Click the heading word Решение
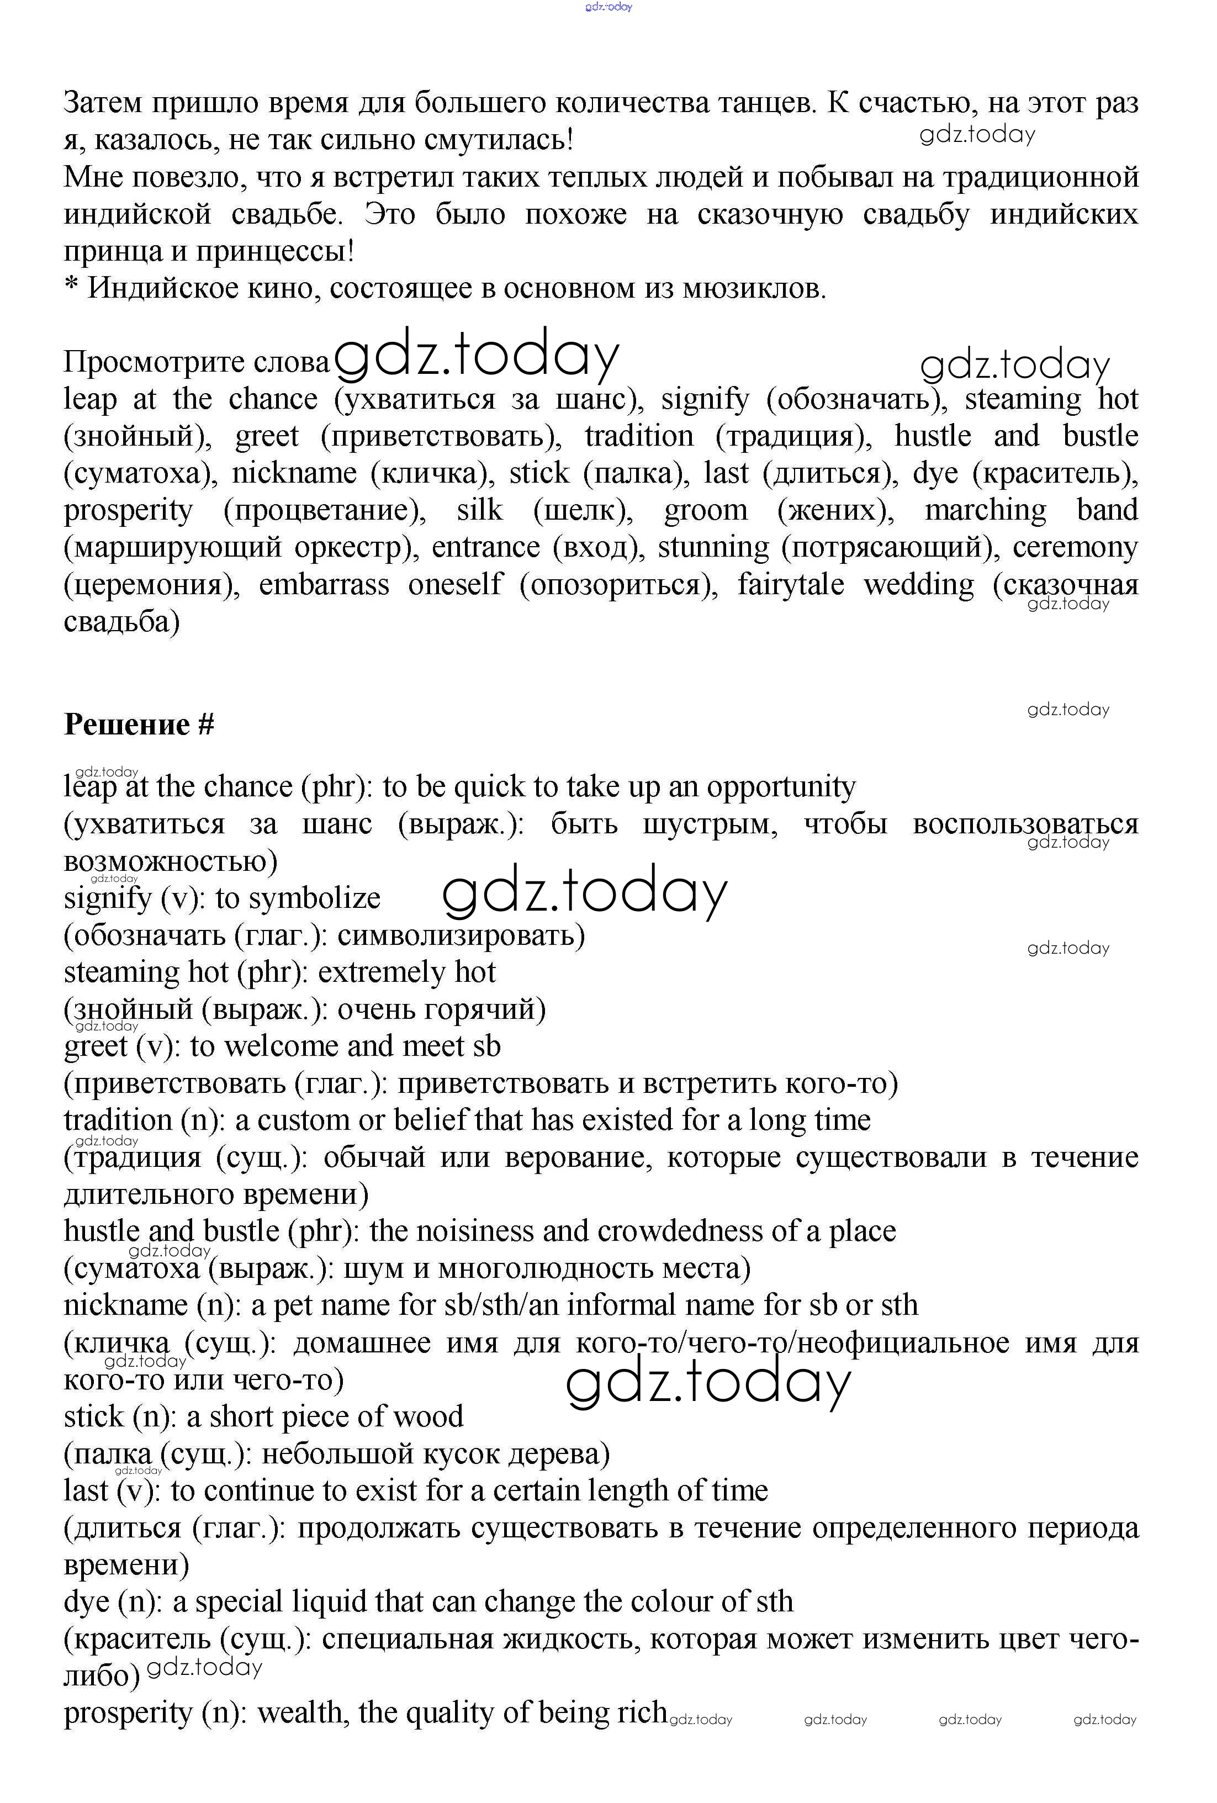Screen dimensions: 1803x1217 pos(127,725)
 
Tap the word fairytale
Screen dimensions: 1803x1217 pos(790,585)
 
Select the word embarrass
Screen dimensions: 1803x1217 pos(324,585)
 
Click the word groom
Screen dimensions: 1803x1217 pos(706,510)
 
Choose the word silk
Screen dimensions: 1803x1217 pos(479,510)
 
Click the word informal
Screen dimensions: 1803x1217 pos(622,1305)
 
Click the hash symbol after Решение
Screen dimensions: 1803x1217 pos(205,725)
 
